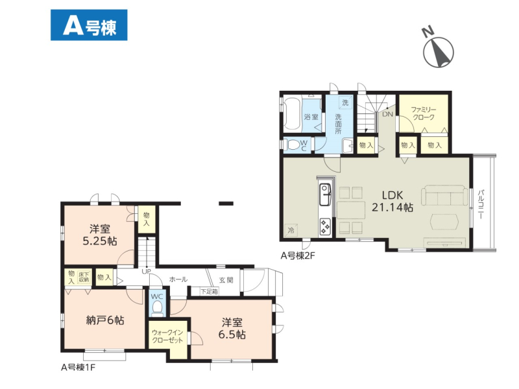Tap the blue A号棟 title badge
pos(89,25)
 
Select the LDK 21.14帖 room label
pos(392,201)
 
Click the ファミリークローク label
pos(424,113)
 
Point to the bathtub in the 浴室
pos(292,113)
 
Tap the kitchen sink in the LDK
pos(326,194)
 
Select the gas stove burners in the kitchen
pos(325,226)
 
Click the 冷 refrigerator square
pos(291,230)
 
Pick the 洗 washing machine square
pos(345,102)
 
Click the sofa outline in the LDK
pos(445,196)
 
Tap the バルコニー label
pos(481,204)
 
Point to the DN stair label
pos(387,114)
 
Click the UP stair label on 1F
pos(146,272)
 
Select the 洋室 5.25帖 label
pos(100,235)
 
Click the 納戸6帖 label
pos(105,320)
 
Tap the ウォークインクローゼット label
pos(167,336)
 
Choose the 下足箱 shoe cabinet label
pos(209,291)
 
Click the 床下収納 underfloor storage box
pos(84,277)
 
